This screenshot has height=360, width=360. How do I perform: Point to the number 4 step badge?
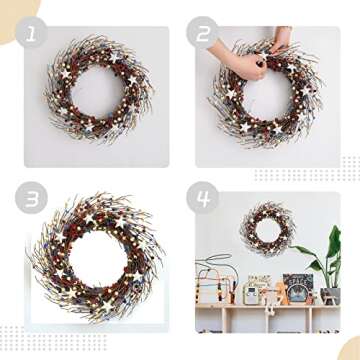point(207,196)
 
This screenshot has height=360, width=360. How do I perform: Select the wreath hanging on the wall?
point(266,228)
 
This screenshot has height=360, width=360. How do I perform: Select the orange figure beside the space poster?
point(281,294)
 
